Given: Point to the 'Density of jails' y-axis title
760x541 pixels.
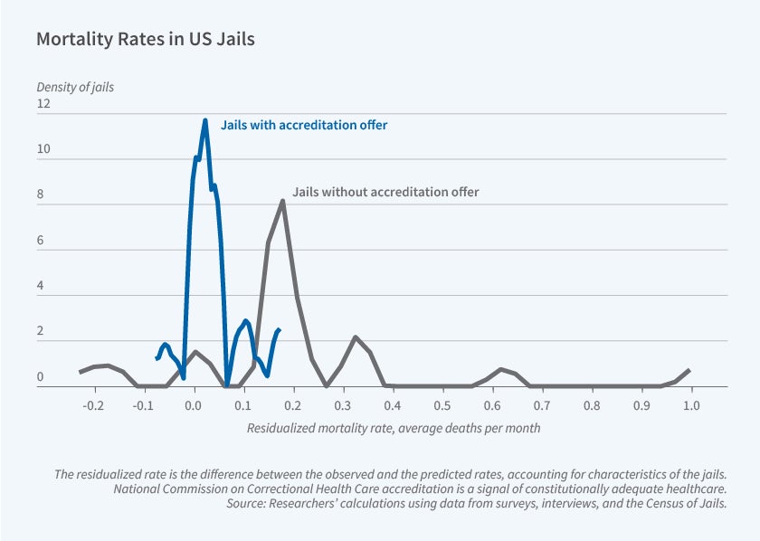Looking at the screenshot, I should point(75,87).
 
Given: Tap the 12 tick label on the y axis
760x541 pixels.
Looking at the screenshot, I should point(44,104).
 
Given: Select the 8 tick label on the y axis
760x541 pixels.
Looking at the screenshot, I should point(41,195).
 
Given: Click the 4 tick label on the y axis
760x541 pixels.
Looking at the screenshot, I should point(41,286).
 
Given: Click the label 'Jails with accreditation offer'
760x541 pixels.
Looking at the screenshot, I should point(304,125).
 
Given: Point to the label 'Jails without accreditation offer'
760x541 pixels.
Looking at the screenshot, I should point(385,192).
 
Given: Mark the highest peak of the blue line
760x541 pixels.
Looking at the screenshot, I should point(205,120).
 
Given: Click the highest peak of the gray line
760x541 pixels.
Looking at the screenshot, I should point(283,202).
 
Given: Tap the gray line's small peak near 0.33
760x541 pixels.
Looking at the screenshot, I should point(356,337).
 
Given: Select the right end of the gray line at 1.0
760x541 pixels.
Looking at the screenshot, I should point(690,370).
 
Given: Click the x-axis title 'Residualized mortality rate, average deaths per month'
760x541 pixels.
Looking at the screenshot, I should point(394,428).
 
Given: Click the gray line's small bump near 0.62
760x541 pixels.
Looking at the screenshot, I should point(501,369).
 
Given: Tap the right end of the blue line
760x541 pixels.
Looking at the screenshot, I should point(280,330).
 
